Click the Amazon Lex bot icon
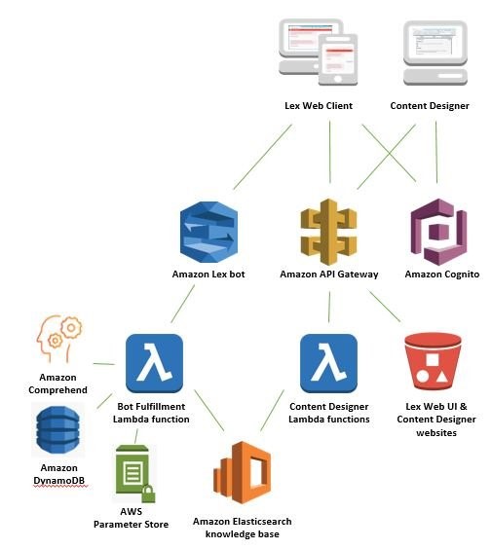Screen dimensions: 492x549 point(208,232)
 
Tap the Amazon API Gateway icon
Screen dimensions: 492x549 point(328,232)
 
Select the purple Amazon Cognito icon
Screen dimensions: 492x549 point(438,232)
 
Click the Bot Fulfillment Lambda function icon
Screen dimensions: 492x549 point(154,363)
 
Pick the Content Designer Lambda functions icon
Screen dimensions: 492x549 point(328,363)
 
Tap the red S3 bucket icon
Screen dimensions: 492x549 point(433,361)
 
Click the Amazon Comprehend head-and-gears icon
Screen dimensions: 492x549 point(58,339)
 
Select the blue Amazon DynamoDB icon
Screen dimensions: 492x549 point(57,429)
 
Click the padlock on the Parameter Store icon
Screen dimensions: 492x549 point(148,494)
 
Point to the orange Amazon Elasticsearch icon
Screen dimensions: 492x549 point(243,472)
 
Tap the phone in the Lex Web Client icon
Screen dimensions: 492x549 point(338,59)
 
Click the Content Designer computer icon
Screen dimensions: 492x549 point(435,53)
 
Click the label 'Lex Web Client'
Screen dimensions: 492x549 point(319,106)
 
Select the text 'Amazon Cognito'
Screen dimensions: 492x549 point(442,274)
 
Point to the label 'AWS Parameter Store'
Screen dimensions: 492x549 point(132,518)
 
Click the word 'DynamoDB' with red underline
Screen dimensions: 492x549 point(58,481)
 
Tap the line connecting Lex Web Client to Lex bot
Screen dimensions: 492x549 point(262,158)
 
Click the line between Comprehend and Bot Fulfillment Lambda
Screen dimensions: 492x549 point(103,364)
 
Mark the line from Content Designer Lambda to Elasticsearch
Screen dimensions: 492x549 point(272,411)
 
